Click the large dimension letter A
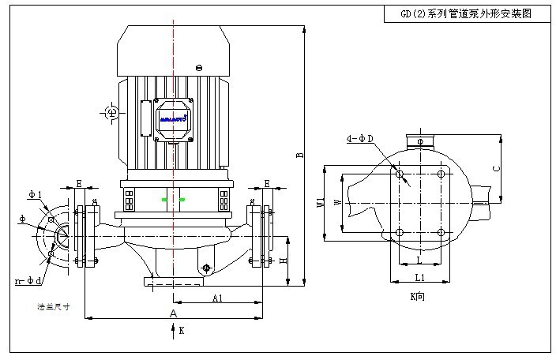tap(174, 313)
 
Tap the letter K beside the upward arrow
tap(182, 331)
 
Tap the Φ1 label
tap(34, 194)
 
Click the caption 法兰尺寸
tap(48, 306)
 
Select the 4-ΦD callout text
tap(360, 140)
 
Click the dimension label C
tap(495, 168)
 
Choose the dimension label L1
tap(420, 278)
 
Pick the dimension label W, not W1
tap(338, 204)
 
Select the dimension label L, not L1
tap(419, 260)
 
